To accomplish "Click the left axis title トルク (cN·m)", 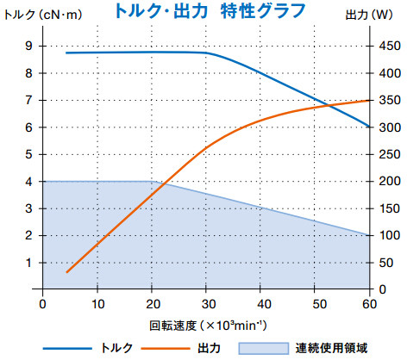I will coord(35,16).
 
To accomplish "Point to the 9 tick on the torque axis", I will coord(29,47).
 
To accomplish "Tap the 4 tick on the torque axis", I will coord(29,182).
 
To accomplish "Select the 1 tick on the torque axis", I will coord(29,263).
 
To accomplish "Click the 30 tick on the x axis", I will coord(206,302).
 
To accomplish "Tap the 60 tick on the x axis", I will coord(369,302).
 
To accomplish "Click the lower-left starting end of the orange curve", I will coord(66,272).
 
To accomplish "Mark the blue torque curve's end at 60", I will coord(369,127).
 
